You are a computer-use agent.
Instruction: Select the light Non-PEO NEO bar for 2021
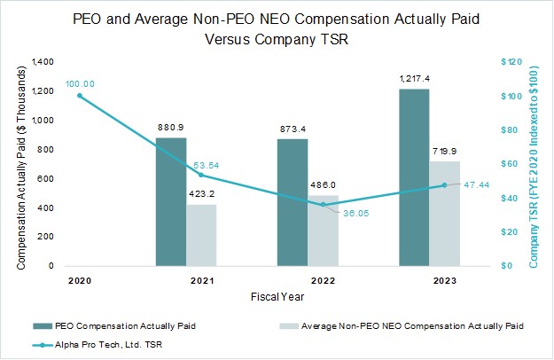click(201, 235)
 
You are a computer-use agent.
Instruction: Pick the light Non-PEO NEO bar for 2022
click(324, 231)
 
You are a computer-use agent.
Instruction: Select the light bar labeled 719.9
click(446, 213)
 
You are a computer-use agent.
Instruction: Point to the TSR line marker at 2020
click(79, 96)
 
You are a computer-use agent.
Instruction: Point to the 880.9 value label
click(171, 128)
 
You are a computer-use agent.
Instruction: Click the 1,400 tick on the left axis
click(41, 62)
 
